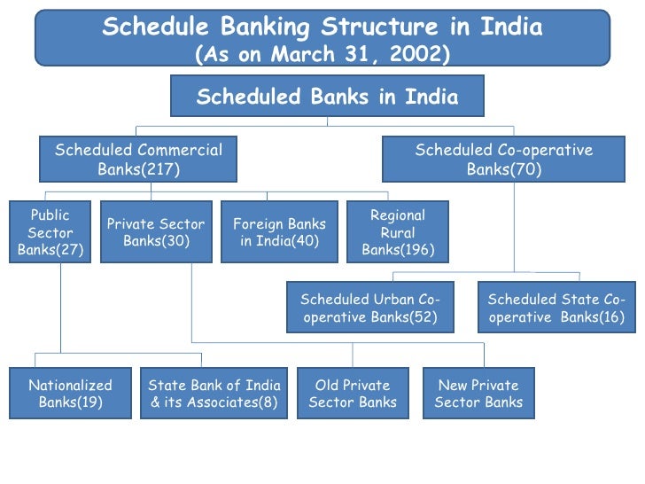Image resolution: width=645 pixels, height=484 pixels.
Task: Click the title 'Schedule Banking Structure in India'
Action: click(322, 27)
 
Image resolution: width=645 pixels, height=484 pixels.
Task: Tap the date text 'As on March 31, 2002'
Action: click(322, 54)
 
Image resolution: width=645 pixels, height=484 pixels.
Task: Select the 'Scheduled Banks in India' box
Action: click(327, 97)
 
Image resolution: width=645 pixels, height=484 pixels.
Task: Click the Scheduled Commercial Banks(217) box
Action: click(138, 160)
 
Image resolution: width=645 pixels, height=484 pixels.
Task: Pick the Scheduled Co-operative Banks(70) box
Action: click(503, 160)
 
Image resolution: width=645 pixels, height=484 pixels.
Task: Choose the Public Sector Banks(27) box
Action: click(51, 232)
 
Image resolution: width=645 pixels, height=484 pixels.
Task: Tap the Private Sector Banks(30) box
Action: click(156, 232)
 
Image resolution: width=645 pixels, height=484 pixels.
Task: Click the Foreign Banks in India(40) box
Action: click(279, 232)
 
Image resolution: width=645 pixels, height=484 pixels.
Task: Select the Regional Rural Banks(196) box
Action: click(398, 232)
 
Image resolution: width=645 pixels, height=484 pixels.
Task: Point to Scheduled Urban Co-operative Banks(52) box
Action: click(370, 308)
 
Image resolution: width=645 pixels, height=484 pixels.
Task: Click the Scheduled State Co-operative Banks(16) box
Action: click(556, 308)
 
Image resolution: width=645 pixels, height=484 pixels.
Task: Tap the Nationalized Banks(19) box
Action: click(70, 394)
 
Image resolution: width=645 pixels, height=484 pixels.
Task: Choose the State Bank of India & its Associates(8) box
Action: click(214, 394)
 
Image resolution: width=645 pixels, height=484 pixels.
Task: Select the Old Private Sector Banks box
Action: click(353, 394)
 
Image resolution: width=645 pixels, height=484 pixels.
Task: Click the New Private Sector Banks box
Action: click(478, 394)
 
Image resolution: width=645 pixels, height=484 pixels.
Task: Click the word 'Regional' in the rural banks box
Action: click(398, 215)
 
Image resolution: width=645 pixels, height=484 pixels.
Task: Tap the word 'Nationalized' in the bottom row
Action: click(70, 386)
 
